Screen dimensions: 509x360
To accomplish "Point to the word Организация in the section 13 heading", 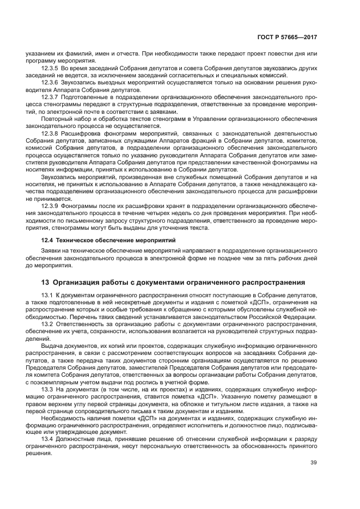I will pyautogui.click(x=80, y=282).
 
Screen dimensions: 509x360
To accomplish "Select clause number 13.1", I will pyautogui.click(x=47, y=295).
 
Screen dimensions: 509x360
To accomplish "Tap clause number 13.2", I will pyautogui.click(x=47, y=323).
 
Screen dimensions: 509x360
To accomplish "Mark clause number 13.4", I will pyautogui.click(x=47, y=439).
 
